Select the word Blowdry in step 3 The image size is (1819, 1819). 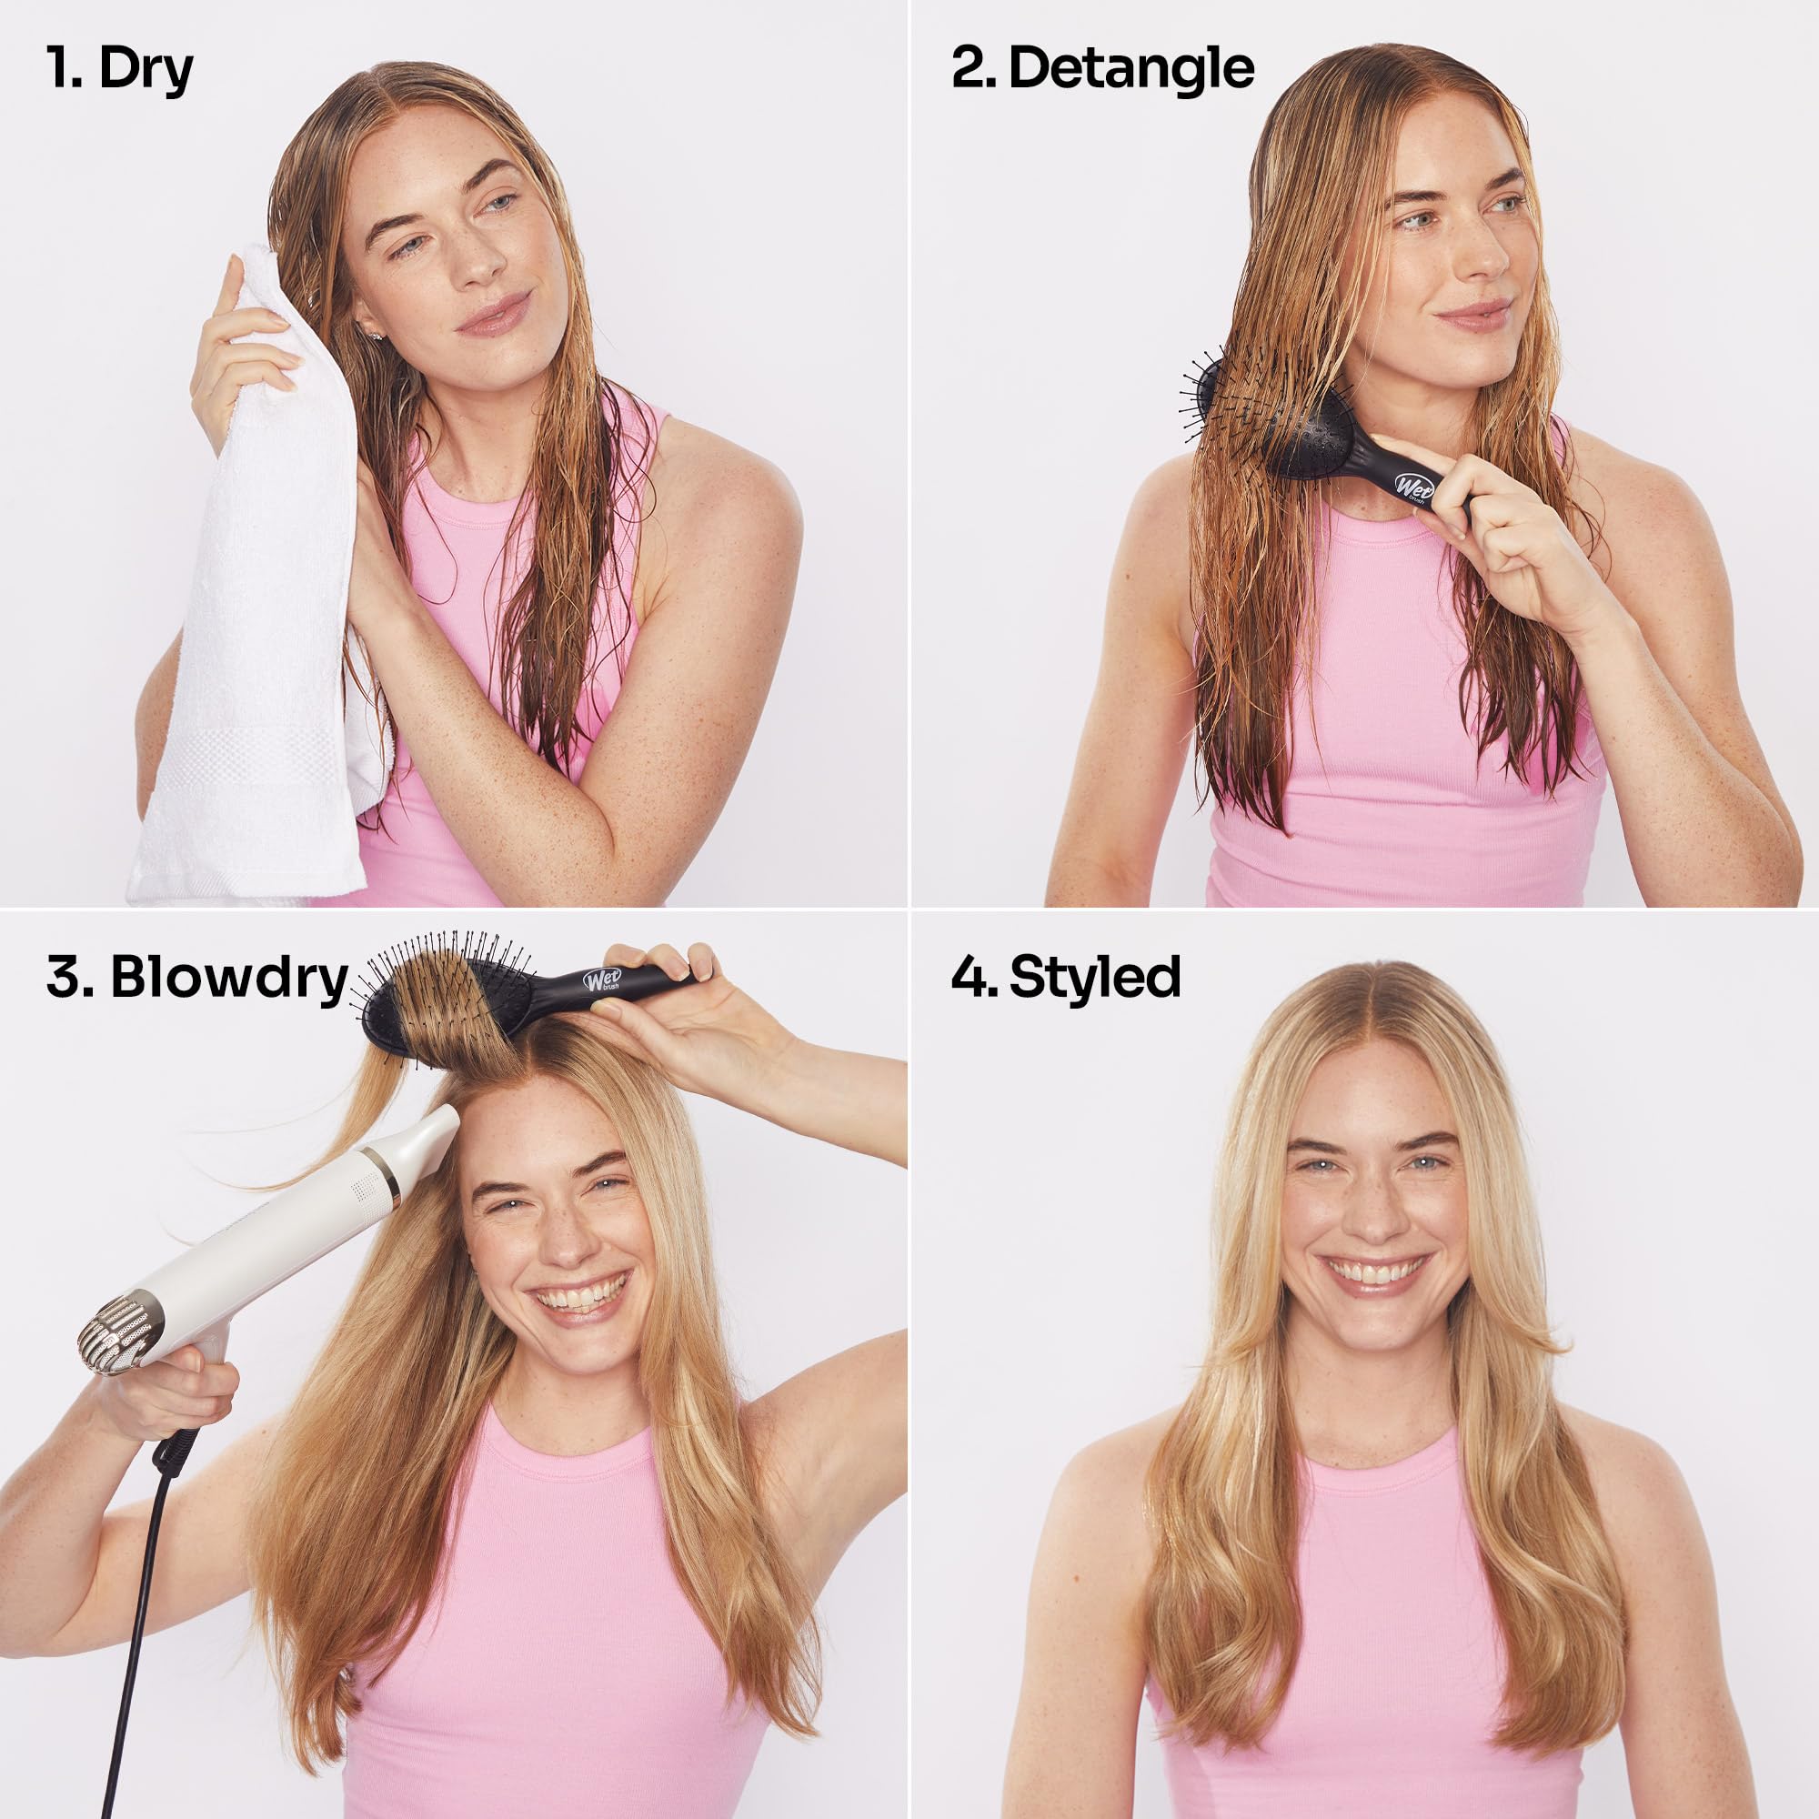(229, 980)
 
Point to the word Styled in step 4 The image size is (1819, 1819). (1095, 979)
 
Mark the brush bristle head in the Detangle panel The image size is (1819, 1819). (1261, 414)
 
